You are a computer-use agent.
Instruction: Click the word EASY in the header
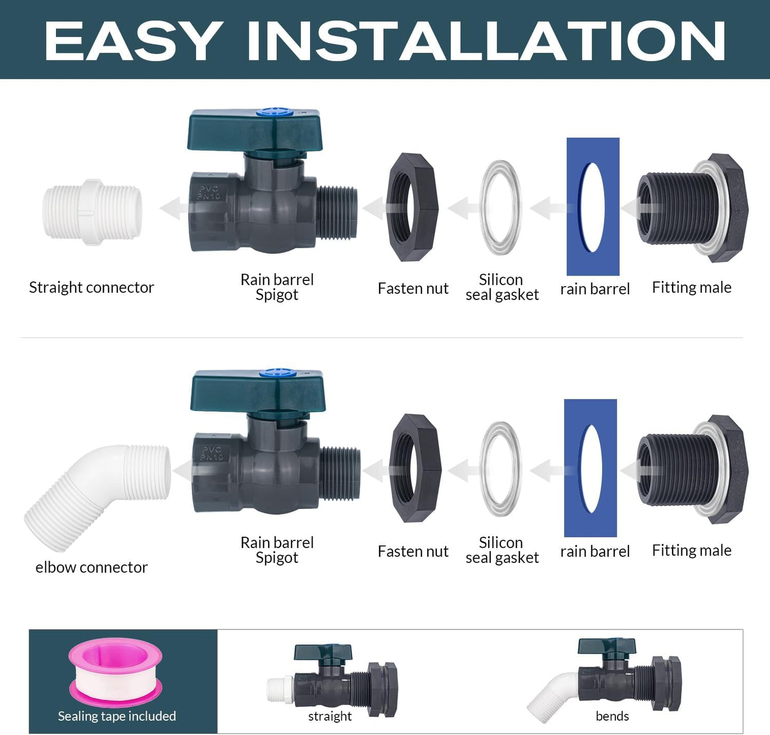(x=133, y=42)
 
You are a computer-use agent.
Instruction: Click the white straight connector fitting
(x=92, y=212)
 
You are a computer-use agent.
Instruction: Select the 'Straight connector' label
(x=91, y=288)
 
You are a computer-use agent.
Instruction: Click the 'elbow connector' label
(x=91, y=568)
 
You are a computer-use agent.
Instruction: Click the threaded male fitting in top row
(x=692, y=208)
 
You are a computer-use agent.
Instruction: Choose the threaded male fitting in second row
(x=692, y=469)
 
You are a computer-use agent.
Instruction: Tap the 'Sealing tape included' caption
(x=117, y=716)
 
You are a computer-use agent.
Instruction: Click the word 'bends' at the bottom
(x=612, y=716)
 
